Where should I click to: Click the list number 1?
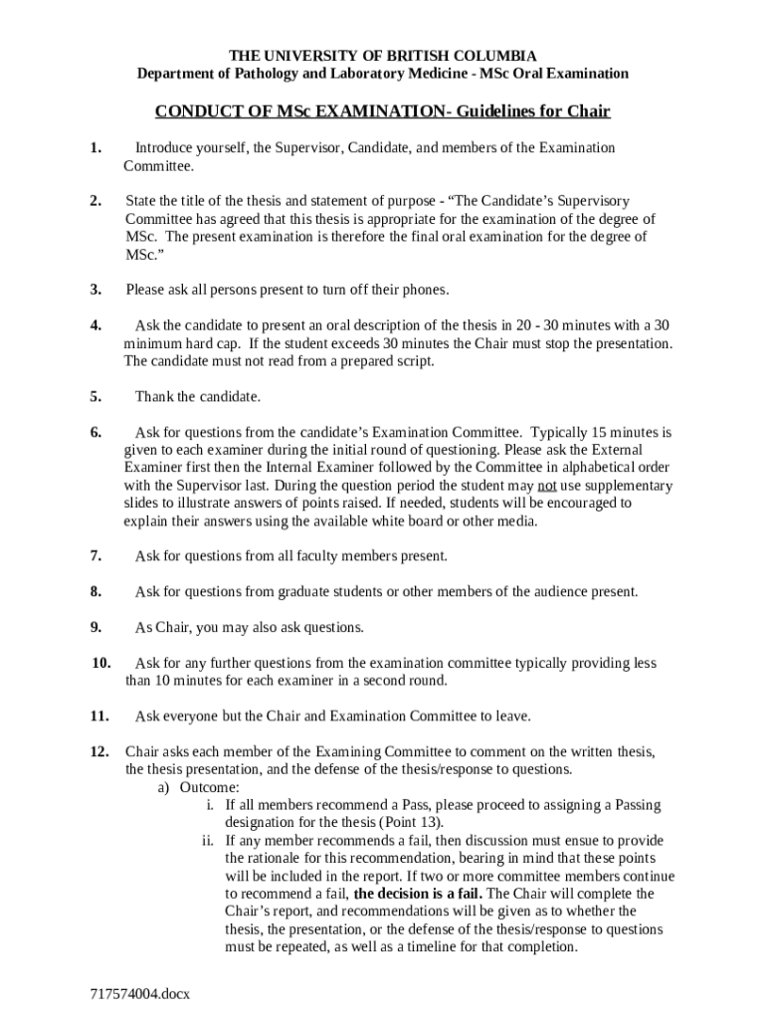95,148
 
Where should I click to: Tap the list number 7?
95,555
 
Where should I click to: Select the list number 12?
98,751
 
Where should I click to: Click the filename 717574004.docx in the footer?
138,993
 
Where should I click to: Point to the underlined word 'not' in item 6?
546,486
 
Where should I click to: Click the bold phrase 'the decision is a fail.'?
418,894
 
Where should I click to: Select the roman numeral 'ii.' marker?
208,840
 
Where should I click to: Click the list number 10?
100,663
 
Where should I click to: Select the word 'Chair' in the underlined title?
588,111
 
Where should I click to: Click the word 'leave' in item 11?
509,715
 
